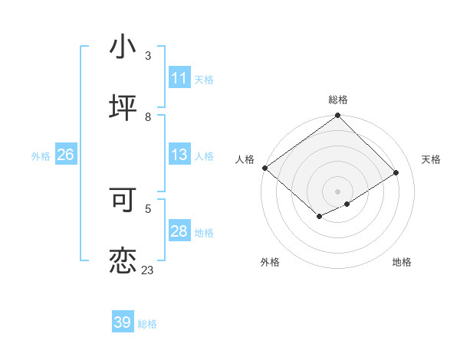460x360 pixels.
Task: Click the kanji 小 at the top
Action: [x=123, y=47]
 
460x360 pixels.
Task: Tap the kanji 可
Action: [x=123, y=198]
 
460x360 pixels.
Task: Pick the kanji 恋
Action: [x=123, y=260]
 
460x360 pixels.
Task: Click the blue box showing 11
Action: [x=179, y=78]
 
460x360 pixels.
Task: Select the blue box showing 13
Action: [x=179, y=155]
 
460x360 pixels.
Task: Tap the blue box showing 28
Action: [x=179, y=232]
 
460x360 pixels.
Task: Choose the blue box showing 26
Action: [x=65, y=155]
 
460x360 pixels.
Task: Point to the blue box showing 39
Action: [x=123, y=322]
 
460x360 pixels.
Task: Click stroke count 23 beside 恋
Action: [x=147, y=270]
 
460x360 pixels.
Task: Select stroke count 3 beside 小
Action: [x=148, y=56]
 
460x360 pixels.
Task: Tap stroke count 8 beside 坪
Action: [x=148, y=116]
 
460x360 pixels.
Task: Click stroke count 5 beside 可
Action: [x=148, y=208]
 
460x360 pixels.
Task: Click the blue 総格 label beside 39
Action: [x=148, y=324]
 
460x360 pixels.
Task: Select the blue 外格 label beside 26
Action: [x=41, y=156]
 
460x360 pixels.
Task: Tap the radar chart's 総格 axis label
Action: [x=338, y=100]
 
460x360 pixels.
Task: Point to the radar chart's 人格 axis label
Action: [x=245, y=159]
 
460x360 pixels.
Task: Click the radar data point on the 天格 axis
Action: [x=396, y=172]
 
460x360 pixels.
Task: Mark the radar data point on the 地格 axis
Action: [x=347, y=204]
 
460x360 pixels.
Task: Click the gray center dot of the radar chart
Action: [x=337, y=191]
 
